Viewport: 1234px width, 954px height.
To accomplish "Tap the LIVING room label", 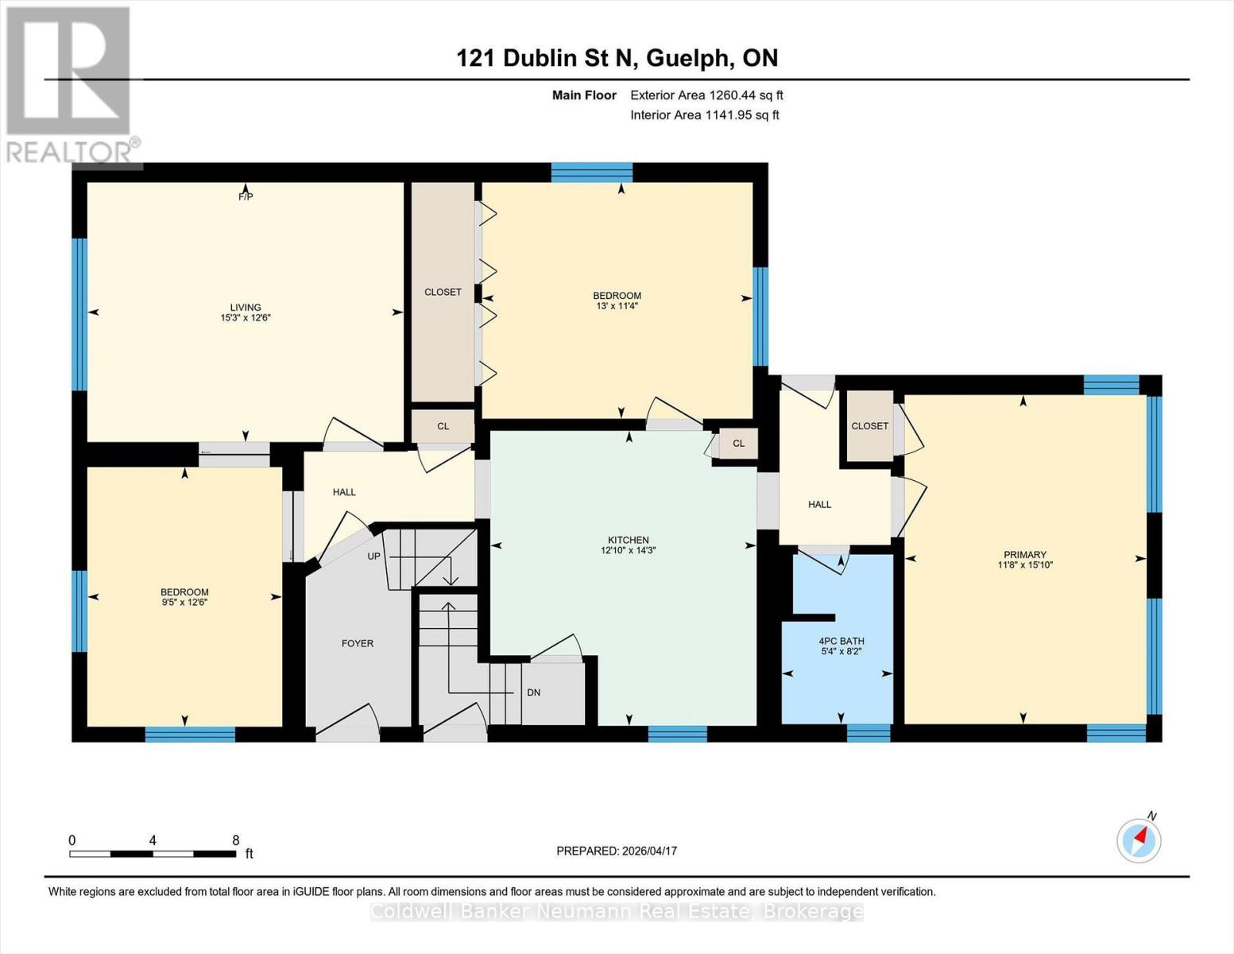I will click(x=246, y=308).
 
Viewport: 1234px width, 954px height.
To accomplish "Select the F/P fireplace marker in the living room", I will click(x=246, y=196).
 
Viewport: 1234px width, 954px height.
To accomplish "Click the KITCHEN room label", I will click(x=628, y=540).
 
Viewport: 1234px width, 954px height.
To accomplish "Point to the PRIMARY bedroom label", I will click(x=1024, y=555).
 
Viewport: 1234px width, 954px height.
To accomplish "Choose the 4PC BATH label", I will click(x=841, y=641).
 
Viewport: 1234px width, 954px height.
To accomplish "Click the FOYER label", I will click(x=358, y=643).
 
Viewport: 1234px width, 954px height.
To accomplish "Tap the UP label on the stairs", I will click(x=373, y=556).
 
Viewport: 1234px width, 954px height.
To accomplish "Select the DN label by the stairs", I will click(x=533, y=692).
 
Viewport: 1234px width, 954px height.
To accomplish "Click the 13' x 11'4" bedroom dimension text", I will click(x=617, y=306).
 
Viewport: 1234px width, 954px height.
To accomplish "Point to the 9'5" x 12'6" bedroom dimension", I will click(x=184, y=603).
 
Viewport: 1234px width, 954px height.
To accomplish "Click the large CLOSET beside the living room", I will click(x=443, y=292).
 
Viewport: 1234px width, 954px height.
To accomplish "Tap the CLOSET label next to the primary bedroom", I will click(x=869, y=426).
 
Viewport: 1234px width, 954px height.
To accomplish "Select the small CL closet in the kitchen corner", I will click(x=738, y=444).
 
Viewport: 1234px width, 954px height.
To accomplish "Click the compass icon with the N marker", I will click(x=1139, y=840).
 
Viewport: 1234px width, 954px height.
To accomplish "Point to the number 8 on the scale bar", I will click(x=235, y=840).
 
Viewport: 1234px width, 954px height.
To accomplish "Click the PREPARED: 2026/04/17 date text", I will click(x=616, y=851).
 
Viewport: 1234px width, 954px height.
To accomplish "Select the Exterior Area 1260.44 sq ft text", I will click(x=706, y=95).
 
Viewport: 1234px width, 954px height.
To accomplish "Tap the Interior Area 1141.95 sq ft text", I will click(x=704, y=115).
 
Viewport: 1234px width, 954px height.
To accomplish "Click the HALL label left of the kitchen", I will click(x=344, y=492).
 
